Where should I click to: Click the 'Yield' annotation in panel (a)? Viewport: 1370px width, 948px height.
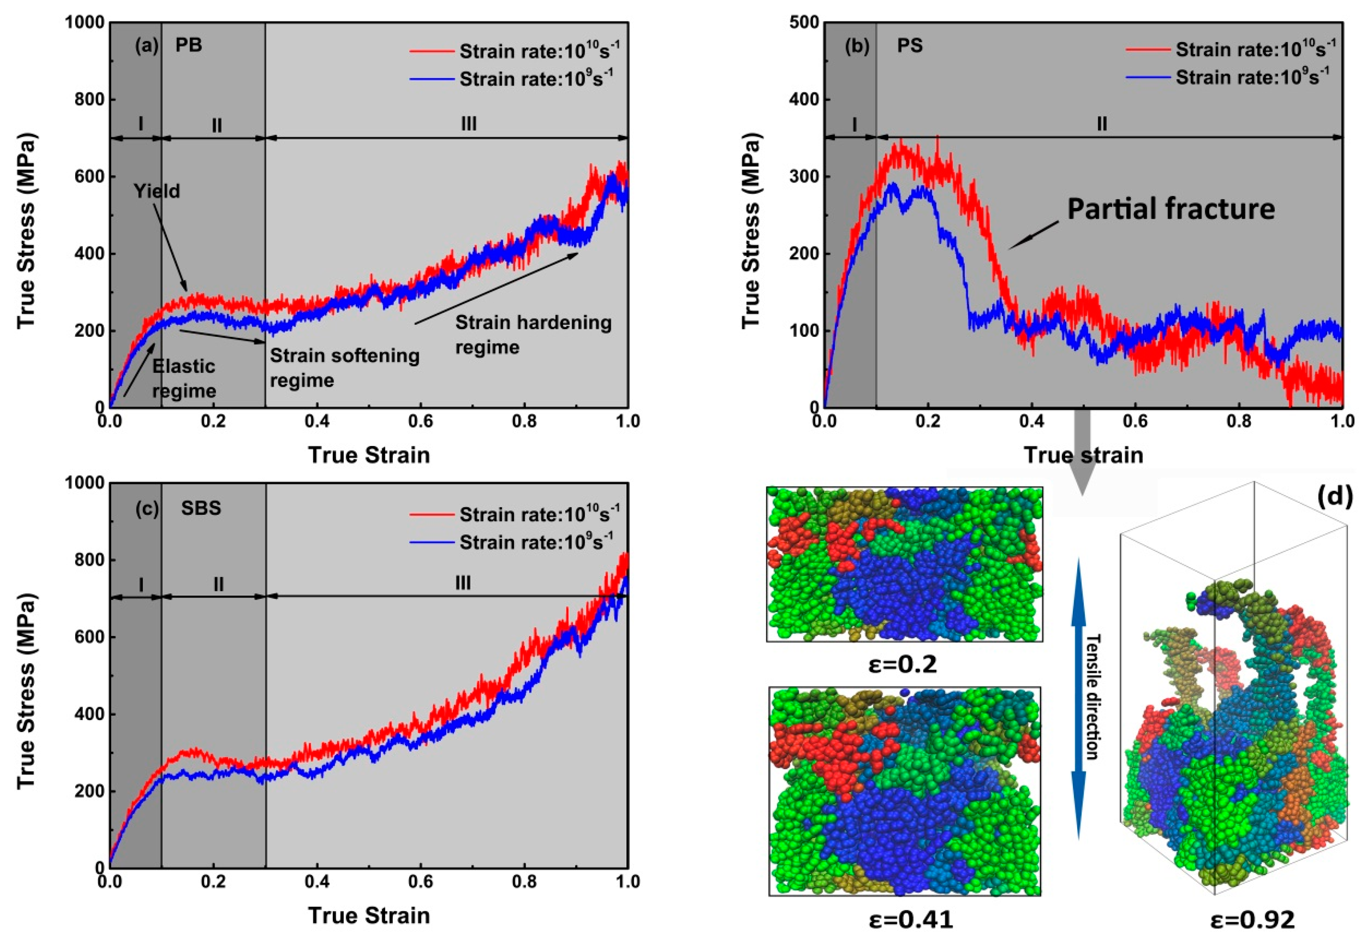pos(156,191)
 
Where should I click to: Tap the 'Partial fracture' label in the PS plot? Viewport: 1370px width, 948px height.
pos(1170,209)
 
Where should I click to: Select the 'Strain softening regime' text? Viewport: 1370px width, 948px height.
pos(344,368)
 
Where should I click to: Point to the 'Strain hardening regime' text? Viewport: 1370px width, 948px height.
pos(533,334)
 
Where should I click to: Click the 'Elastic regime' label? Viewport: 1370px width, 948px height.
pos(184,378)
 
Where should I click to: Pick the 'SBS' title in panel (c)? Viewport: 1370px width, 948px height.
pos(201,508)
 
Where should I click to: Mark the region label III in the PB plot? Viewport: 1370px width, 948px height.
pos(468,124)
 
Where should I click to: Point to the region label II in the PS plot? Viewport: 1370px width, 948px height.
pos(1102,124)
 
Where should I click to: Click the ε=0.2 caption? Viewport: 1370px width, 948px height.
pos(903,664)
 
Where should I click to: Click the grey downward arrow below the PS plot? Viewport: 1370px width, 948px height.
pos(1082,457)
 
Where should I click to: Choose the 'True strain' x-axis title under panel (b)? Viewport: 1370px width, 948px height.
pos(1083,455)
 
